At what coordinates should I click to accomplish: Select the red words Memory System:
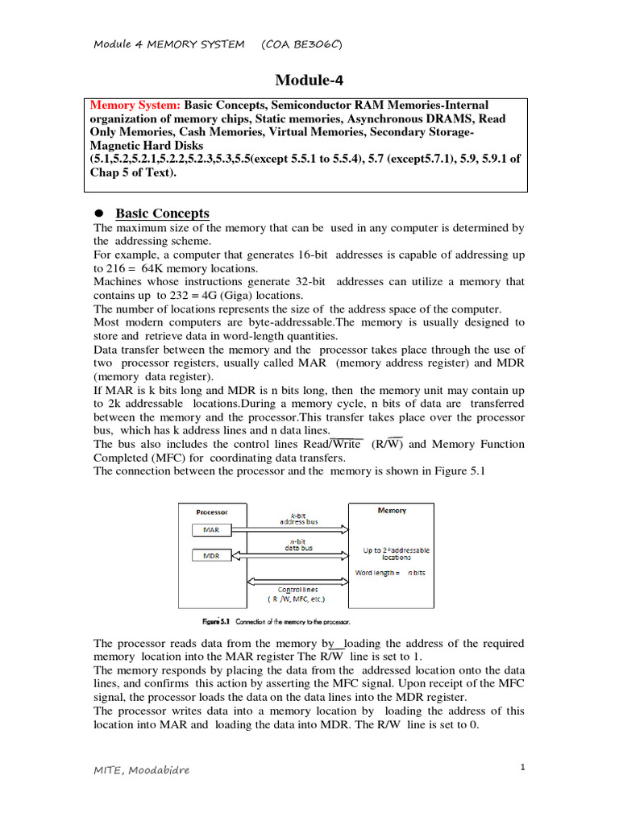click(135, 106)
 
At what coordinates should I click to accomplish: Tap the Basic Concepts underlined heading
click(162, 214)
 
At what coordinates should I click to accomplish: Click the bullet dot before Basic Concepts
click(100, 214)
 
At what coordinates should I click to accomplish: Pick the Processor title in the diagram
click(212, 512)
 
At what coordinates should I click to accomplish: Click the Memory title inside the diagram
click(392, 511)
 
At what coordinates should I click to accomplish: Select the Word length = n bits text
click(391, 573)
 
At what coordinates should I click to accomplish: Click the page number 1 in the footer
click(522, 767)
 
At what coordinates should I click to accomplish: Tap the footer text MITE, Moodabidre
click(142, 770)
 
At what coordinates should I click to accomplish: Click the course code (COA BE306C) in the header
click(302, 44)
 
